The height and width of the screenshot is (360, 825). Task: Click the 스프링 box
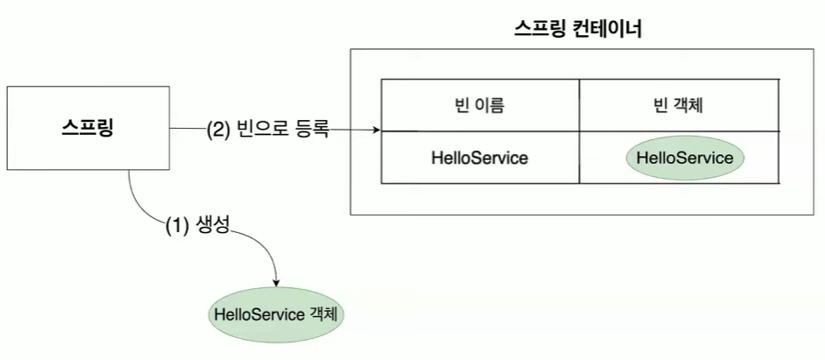pyautogui.click(x=88, y=128)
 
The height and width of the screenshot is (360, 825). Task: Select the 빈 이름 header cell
pyautogui.click(x=479, y=106)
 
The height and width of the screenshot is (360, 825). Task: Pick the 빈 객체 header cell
pyautogui.click(x=679, y=106)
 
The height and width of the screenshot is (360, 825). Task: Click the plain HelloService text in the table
pyautogui.click(x=479, y=159)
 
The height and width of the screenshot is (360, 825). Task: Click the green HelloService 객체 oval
pyautogui.click(x=274, y=313)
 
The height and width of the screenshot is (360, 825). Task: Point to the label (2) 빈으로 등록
pyautogui.click(x=268, y=131)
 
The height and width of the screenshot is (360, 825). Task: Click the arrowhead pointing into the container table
pyautogui.click(x=377, y=131)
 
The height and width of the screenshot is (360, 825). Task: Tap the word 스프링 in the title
pyautogui.click(x=537, y=31)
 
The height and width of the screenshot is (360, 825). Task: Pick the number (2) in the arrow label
pyautogui.click(x=218, y=131)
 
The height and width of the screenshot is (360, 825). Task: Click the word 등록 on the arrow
pyautogui.click(x=312, y=131)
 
